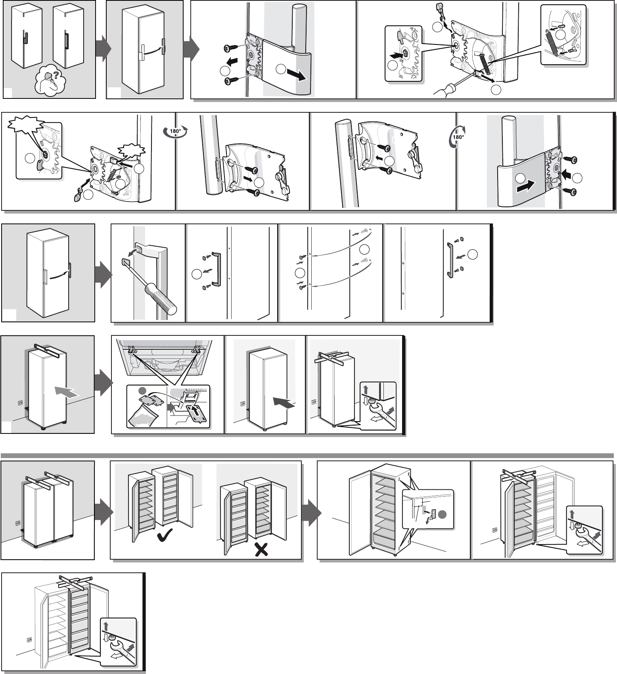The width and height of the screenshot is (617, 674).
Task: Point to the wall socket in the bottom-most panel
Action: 28,640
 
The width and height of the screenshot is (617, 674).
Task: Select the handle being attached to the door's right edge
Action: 450,260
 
